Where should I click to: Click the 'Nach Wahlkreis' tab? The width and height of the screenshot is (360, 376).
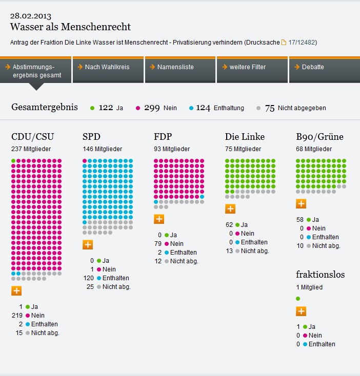click(107, 67)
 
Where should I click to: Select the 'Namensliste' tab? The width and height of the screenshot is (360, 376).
click(175, 67)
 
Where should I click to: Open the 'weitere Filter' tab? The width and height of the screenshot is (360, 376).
click(247, 67)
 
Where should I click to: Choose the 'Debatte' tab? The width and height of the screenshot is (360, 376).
click(312, 67)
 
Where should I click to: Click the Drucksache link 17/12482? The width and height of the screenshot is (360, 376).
click(303, 42)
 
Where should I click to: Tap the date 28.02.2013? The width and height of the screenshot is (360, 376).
click(31, 16)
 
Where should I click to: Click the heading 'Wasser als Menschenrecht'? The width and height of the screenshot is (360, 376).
click(70, 27)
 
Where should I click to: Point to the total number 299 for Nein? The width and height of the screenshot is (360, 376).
click(152, 108)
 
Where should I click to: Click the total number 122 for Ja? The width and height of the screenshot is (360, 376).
click(106, 108)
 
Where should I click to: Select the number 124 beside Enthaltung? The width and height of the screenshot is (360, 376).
click(203, 108)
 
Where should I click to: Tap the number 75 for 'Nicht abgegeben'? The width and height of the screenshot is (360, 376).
click(270, 108)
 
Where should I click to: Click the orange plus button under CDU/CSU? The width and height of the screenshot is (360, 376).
click(16, 291)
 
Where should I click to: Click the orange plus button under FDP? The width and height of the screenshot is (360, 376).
click(159, 219)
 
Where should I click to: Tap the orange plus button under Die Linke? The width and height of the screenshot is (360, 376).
click(230, 208)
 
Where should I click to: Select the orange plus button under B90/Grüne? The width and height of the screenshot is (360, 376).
click(301, 204)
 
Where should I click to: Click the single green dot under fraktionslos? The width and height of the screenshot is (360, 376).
click(298, 298)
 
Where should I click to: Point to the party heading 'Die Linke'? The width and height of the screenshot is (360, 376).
click(245, 137)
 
